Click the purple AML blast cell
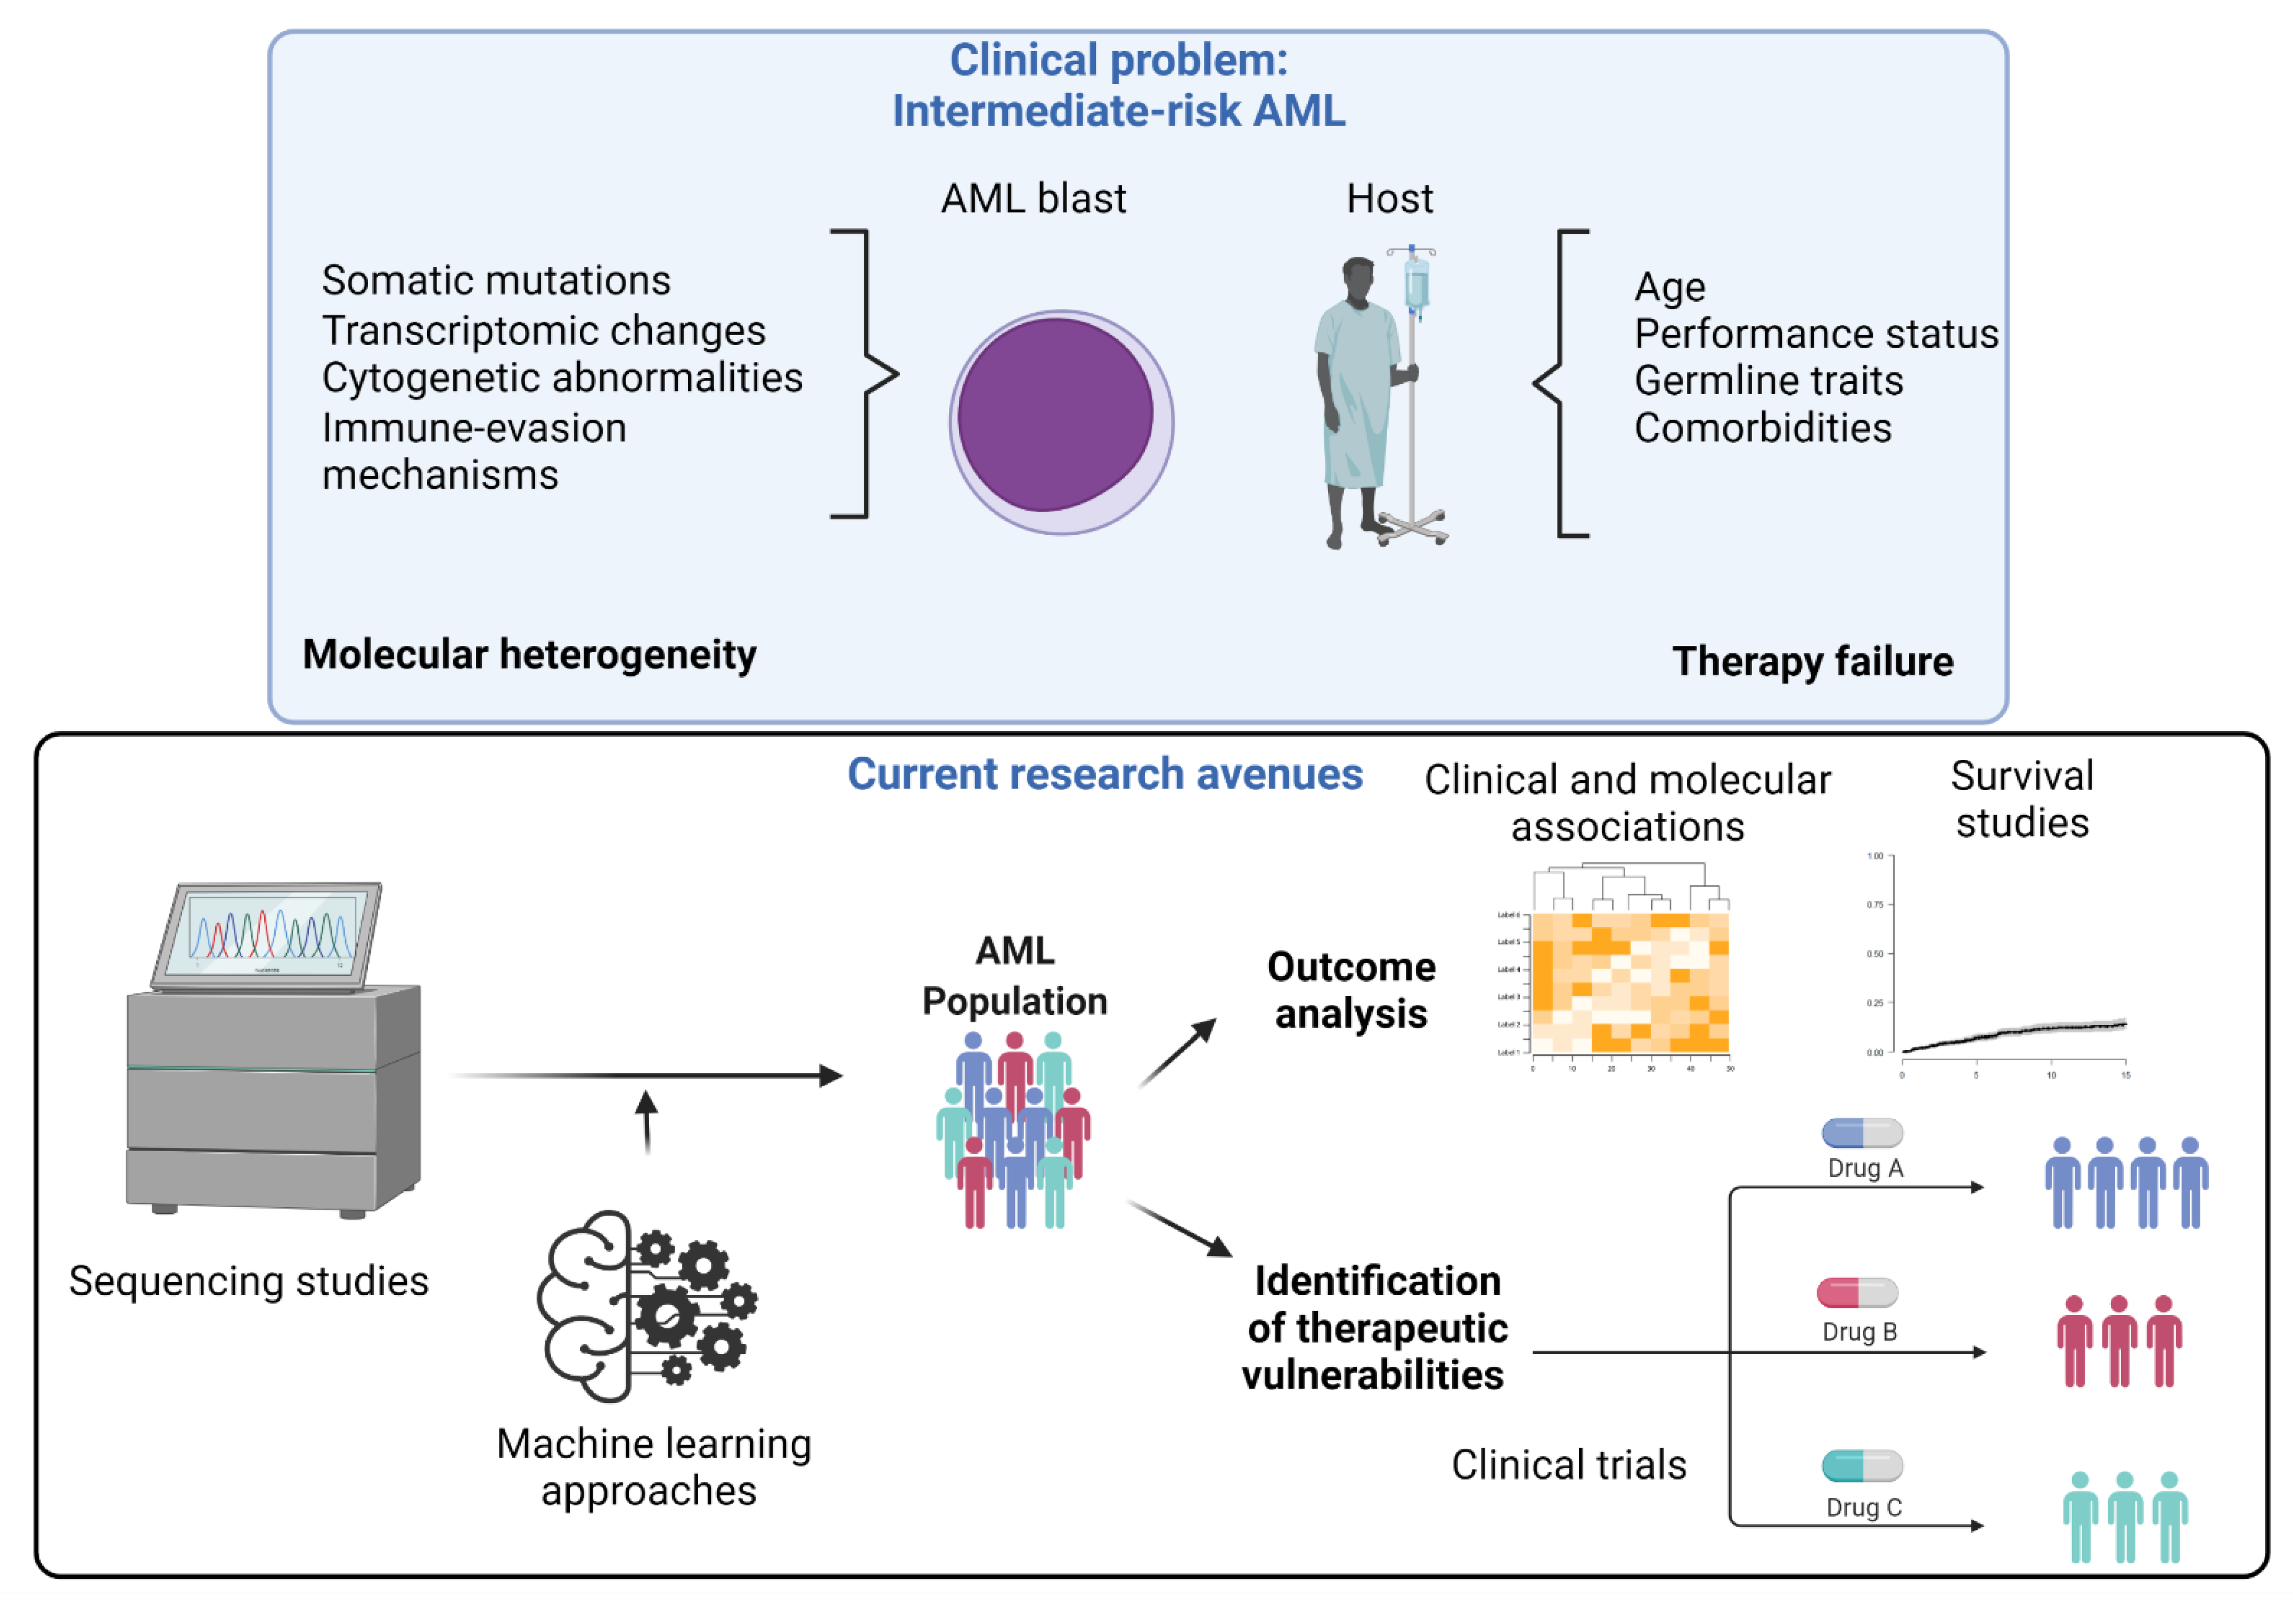pos(1057,416)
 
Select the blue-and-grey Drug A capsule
pos(1862,1133)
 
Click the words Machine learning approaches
pos(653,1466)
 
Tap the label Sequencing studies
pos(249,1281)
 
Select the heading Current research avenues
pos(1104,774)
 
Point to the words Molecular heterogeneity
pos(529,654)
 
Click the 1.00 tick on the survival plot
pos(1874,856)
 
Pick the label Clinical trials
pos(1568,1464)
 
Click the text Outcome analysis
pos(1351,990)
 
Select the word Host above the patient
pos(1389,199)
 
